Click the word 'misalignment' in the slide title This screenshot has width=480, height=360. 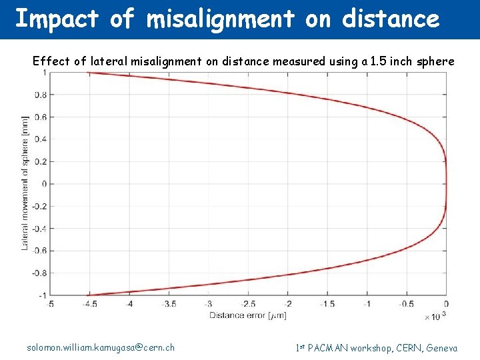220,19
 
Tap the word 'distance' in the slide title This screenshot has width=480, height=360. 391,19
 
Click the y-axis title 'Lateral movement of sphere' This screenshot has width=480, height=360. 25,183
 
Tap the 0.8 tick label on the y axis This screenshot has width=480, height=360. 41,95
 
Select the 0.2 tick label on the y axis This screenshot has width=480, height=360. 41,161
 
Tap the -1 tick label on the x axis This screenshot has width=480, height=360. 367,303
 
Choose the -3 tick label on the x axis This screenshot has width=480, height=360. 208,303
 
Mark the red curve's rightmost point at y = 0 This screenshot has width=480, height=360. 446,183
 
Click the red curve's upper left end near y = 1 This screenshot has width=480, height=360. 89,73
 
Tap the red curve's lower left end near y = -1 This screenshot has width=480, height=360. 89,294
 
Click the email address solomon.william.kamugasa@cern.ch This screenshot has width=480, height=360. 101,347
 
